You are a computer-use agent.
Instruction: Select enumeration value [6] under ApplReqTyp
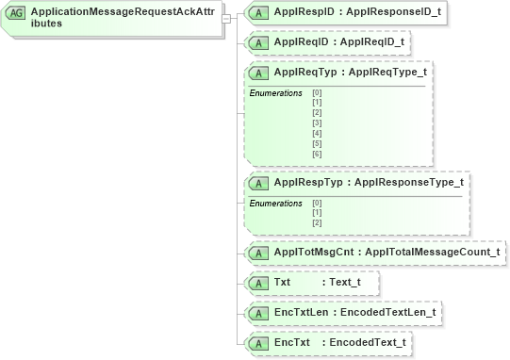(317, 153)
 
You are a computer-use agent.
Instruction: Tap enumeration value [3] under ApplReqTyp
(317, 123)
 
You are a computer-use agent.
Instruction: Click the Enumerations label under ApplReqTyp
(275, 93)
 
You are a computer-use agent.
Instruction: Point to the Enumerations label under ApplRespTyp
(275, 204)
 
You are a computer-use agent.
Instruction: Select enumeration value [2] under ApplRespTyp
(317, 222)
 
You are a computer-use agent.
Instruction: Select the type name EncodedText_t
(368, 342)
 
